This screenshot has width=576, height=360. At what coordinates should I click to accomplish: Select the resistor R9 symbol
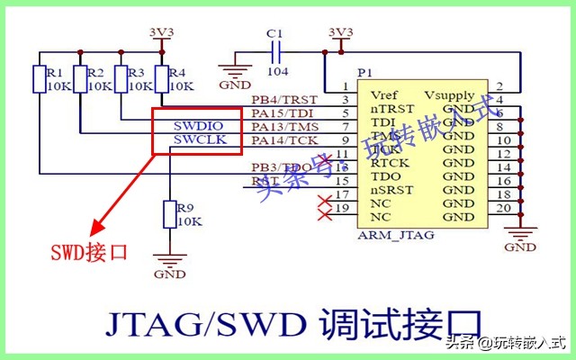click(168, 215)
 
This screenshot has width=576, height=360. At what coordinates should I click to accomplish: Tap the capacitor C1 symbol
click(276, 50)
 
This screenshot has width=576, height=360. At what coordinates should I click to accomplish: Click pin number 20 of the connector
click(505, 209)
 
